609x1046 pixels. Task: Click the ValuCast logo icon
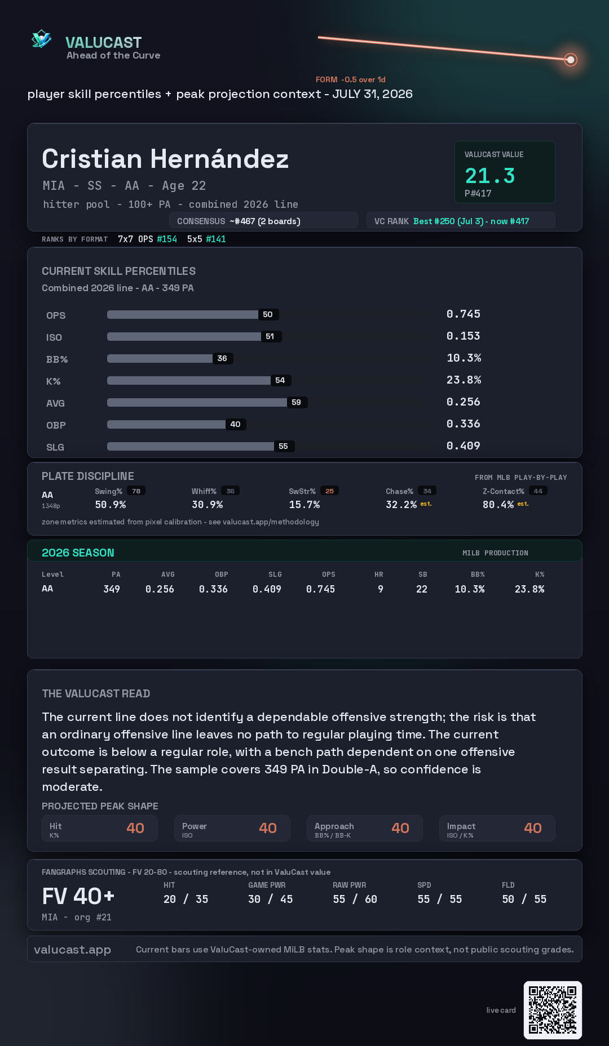tap(41, 39)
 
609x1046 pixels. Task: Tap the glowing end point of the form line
tap(571, 59)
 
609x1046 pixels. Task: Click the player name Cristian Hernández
tap(165, 159)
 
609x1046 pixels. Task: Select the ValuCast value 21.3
tap(490, 176)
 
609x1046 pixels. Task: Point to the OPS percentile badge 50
tap(268, 314)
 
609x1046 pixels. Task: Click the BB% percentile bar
tap(160, 358)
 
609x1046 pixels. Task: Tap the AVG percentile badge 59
tap(297, 402)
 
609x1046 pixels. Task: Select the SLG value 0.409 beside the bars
tap(464, 446)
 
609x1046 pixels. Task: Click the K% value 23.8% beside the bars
tap(464, 380)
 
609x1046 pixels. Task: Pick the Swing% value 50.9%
tap(111, 505)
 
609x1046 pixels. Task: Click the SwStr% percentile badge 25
tap(330, 491)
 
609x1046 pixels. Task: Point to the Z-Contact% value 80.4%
tap(498, 505)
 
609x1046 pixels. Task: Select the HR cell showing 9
tap(381, 589)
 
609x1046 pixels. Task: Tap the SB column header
tap(423, 575)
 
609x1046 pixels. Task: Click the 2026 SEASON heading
tap(78, 553)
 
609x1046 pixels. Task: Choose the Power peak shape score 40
tap(268, 828)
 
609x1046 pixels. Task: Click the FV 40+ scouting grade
tap(78, 896)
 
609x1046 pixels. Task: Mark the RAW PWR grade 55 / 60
tap(355, 899)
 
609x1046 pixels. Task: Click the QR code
tap(553, 1010)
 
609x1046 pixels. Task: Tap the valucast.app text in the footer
tap(72, 950)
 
